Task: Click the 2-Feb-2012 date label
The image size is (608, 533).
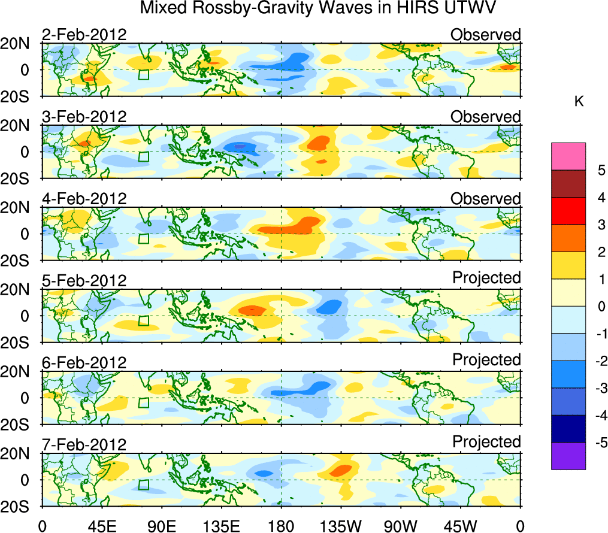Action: point(84,35)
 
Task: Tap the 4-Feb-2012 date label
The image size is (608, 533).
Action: point(84,199)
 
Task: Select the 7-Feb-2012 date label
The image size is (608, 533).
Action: point(84,445)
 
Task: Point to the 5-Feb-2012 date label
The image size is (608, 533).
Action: point(84,281)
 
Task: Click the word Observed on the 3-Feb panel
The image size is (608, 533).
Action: point(486,117)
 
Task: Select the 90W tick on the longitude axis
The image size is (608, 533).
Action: point(401,526)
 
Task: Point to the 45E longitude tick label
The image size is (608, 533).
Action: point(102,526)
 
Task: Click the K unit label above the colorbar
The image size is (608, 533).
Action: point(579,102)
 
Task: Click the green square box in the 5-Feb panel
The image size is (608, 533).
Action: point(143,320)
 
